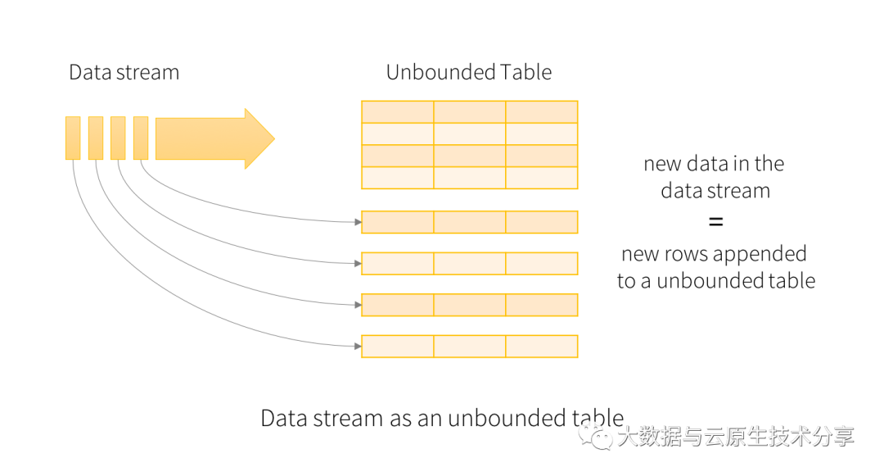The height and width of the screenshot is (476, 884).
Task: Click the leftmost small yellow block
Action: coord(73,138)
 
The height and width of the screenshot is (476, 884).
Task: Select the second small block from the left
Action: coord(96,138)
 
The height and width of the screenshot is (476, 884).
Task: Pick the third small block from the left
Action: coord(118,138)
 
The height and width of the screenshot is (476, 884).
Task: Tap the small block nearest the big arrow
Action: coord(141,138)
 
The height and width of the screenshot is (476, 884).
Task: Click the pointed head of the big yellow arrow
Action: coord(260,138)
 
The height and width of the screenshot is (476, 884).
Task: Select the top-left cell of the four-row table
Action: coord(397,112)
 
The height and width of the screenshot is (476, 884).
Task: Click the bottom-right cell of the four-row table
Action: coord(542,178)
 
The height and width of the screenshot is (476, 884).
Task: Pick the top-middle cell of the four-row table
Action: coord(470,112)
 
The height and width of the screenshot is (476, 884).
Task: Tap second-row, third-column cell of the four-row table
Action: coord(542,134)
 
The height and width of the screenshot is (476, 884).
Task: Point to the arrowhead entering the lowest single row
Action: coord(357,347)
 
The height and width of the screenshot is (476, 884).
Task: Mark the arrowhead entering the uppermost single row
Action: coord(357,222)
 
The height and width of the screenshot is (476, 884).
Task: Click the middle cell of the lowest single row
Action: coord(470,347)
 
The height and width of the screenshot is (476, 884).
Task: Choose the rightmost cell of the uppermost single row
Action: coord(542,222)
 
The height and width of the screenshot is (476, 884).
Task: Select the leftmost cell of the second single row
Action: coord(397,263)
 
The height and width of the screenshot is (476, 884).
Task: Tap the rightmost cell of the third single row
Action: coord(542,305)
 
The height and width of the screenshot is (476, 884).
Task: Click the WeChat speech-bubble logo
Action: coord(595,435)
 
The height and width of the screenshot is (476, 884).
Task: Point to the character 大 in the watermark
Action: coord(626,436)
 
